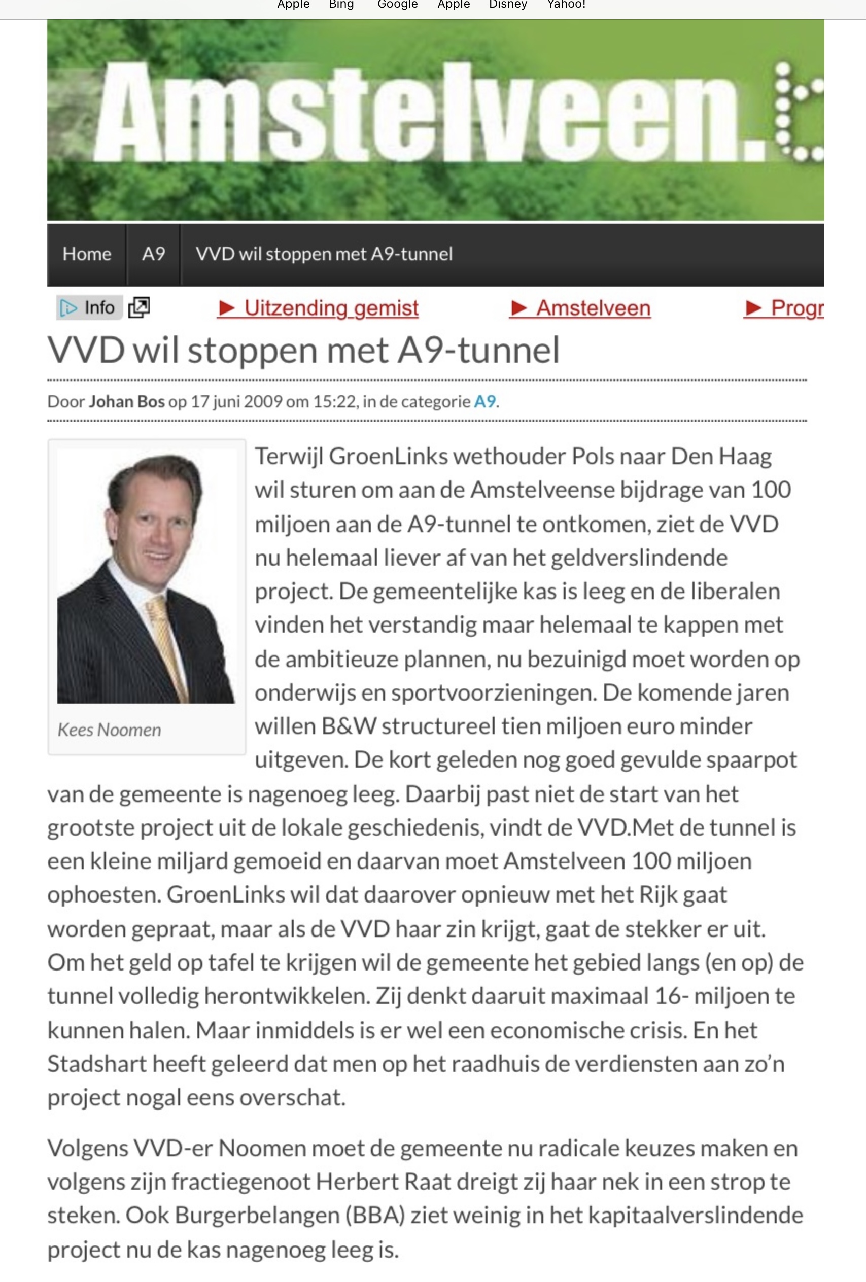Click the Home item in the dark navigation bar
87,254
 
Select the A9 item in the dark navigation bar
153,254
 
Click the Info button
88,307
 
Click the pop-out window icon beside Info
138,307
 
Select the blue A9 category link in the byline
485,401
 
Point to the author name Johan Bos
127,401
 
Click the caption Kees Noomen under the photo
109,730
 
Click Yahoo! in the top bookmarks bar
566,5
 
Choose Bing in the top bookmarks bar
341,5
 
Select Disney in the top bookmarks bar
508,5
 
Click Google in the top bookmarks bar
397,5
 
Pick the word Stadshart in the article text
96,1063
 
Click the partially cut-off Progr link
784,308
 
